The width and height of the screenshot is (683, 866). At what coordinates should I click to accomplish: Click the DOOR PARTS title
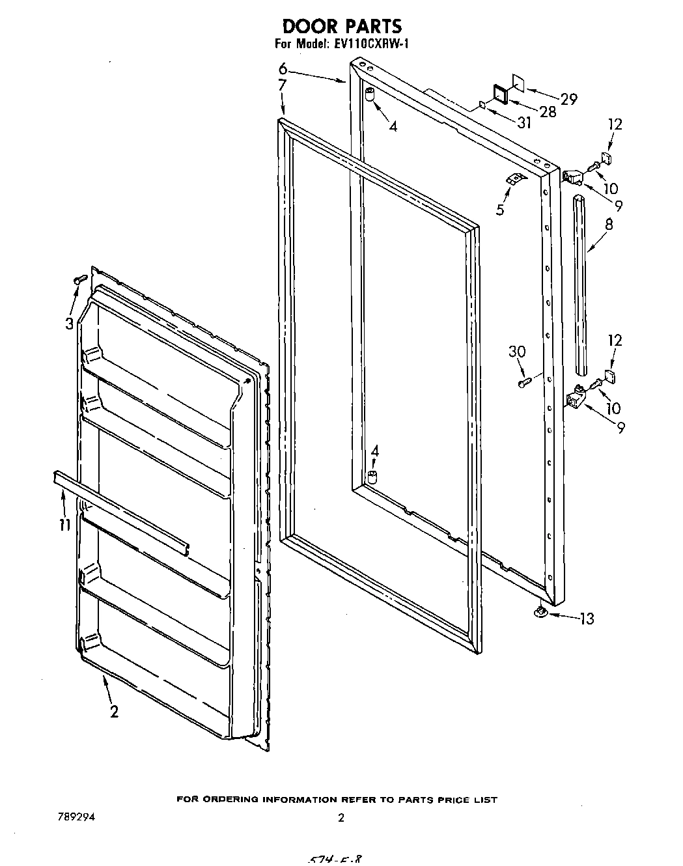pyautogui.click(x=342, y=26)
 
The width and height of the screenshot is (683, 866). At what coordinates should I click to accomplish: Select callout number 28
pyautogui.click(x=548, y=112)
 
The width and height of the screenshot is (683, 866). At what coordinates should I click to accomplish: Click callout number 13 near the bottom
pyautogui.click(x=586, y=619)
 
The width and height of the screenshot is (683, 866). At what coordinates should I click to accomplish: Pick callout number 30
pyautogui.click(x=516, y=352)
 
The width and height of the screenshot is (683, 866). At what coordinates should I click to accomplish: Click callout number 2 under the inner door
pyautogui.click(x=115, y=712)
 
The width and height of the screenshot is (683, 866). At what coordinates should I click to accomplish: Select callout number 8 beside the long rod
pyautogui.click(x=608, y=224)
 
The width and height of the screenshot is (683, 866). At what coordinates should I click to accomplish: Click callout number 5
pyautogui.click(x=500, y=210)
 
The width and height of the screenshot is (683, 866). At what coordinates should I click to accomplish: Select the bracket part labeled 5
pyautogui.click(x=515, y=178)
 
